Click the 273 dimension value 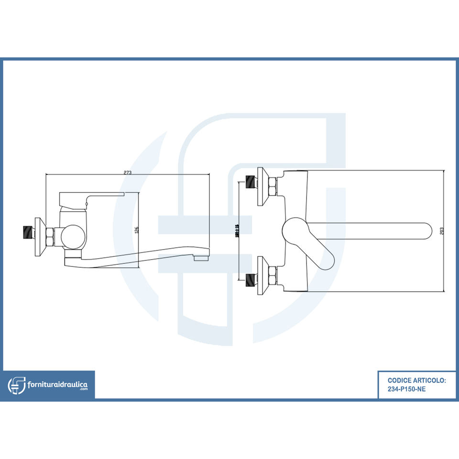(127, 172)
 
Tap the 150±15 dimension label (237, 231)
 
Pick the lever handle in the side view (91, 196)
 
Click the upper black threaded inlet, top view (250, 182)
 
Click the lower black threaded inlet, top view (250, 278)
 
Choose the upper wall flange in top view (261, 186)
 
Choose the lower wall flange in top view (261, 275)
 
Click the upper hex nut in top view (273, 186)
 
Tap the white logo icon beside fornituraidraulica (16, 385)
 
